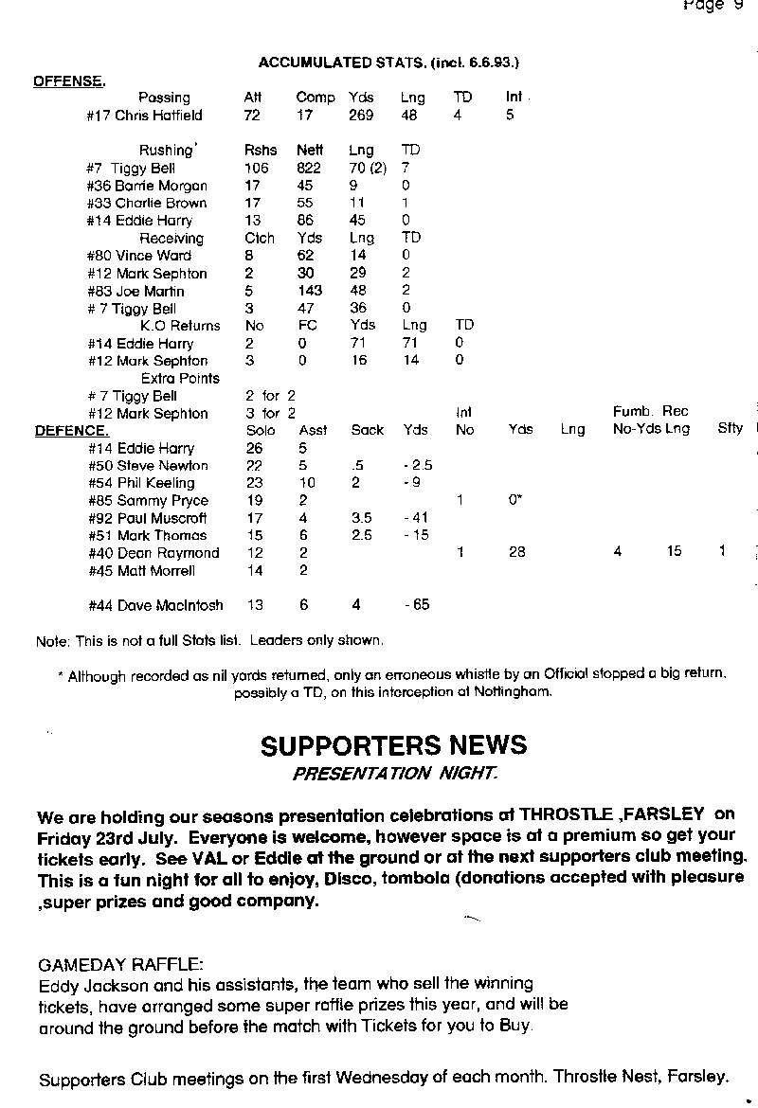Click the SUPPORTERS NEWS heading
click(393, 745)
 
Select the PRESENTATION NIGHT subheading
click(393, 773)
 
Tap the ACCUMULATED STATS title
click(388, 63)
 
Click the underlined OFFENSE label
click(69, 80)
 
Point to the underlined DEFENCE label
click(71, 431)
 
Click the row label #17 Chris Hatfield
click(144, 116)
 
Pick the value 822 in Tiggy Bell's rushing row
click(309, 168)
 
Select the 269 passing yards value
click(361, 116)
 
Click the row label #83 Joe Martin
click(135, 292)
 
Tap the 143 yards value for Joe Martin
click(309, 292)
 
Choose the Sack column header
click(367, 430)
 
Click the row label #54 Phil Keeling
click(141, 483)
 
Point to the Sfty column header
click(730, 429)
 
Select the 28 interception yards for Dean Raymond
click(516, 552)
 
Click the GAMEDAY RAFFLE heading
click(120, 965)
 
